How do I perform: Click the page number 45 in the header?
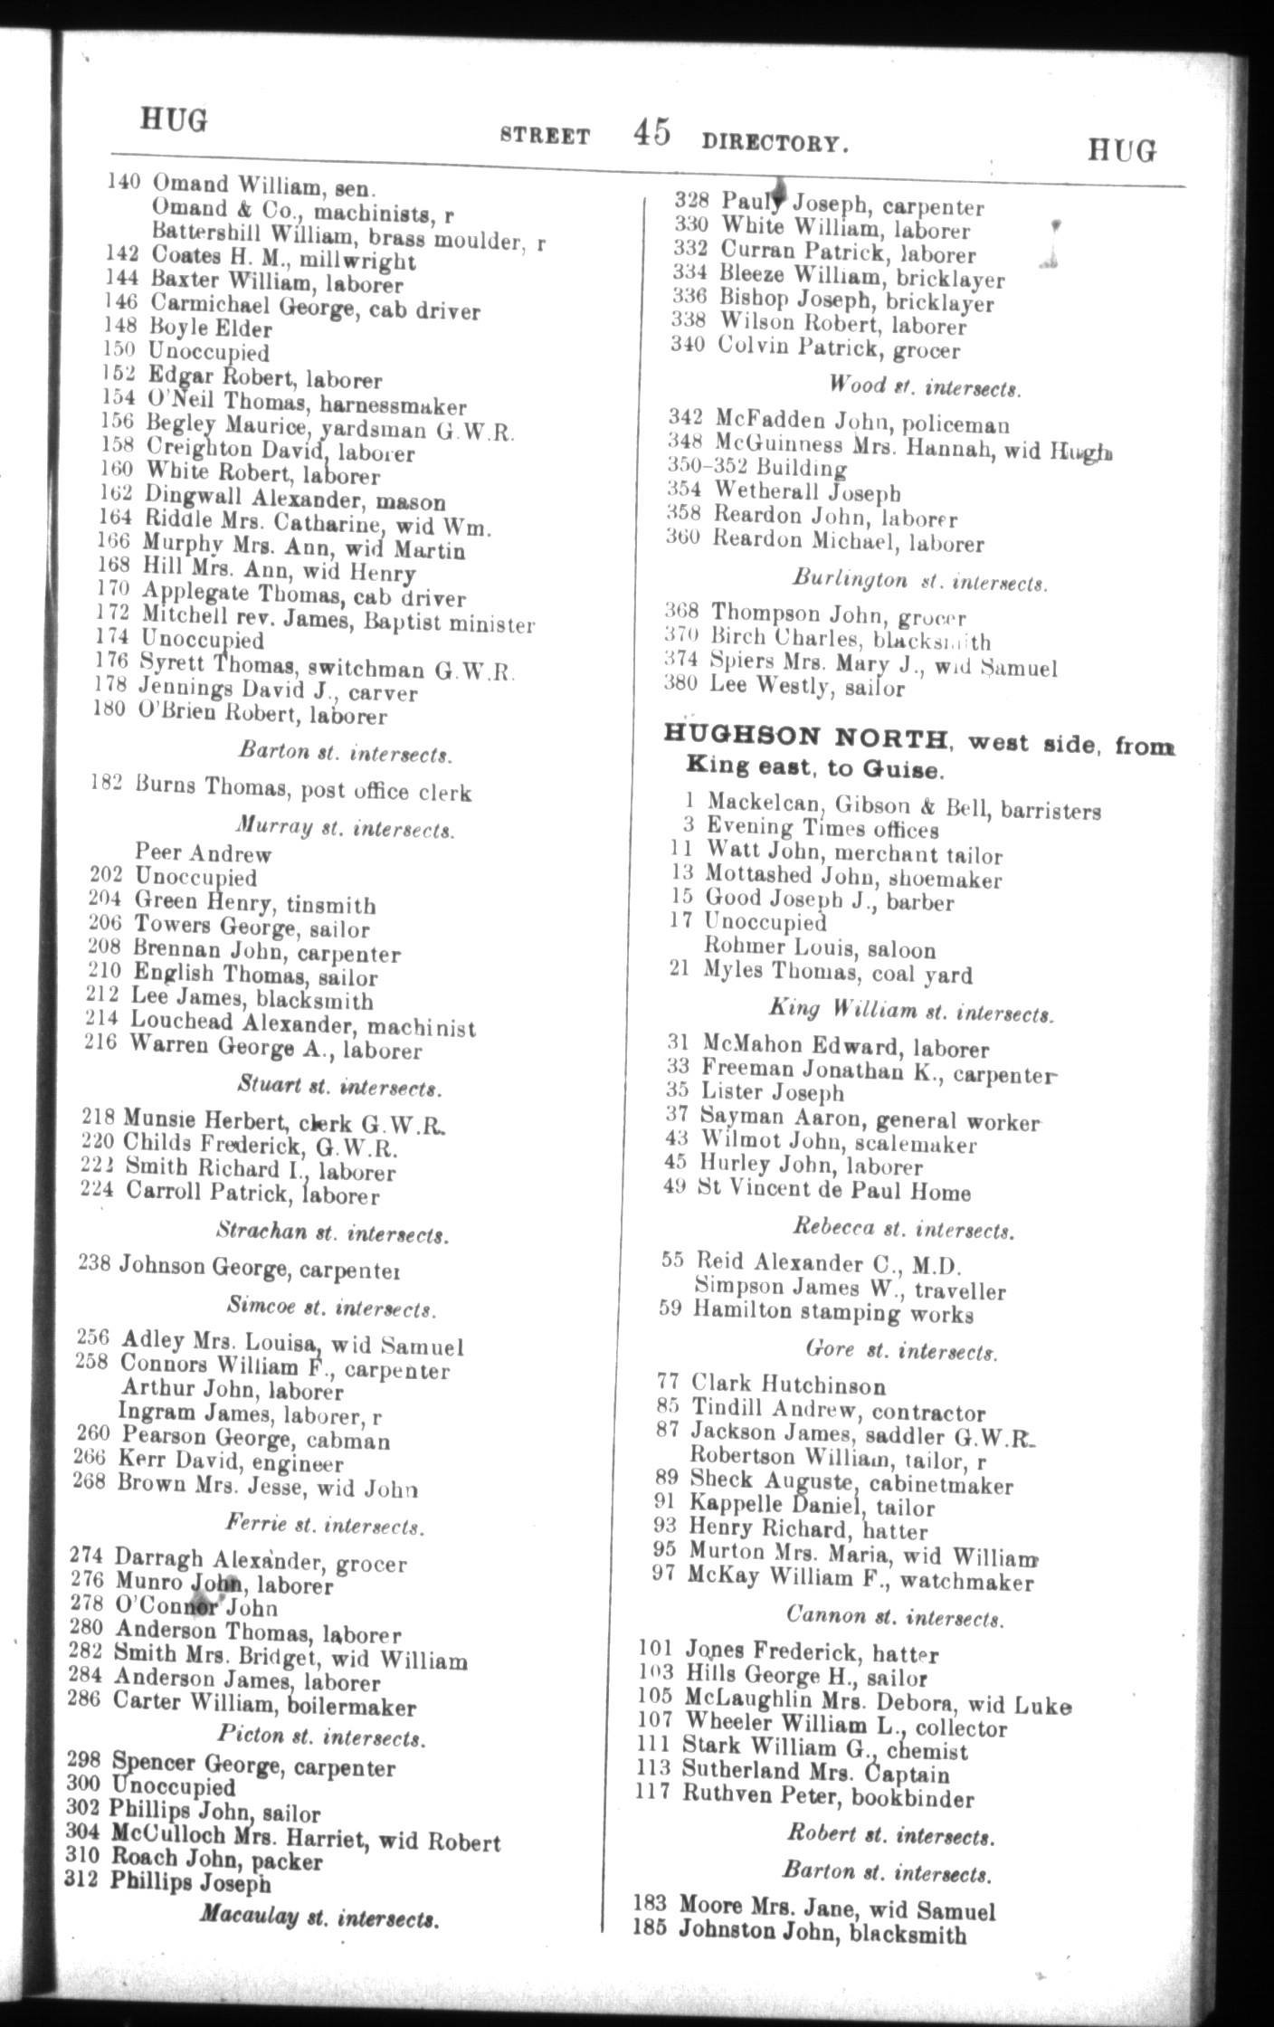click(651, 133)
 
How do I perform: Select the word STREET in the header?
click(545, 137)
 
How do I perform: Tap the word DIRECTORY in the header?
click(775, 143)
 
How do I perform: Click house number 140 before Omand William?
click(123, 182)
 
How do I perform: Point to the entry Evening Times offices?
click(822, 828)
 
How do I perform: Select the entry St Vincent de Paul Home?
click(832, 1191)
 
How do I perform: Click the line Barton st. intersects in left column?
click(346, 753)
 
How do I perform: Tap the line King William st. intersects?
click(911, 1011)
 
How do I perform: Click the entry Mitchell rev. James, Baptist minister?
click(338, 622)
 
